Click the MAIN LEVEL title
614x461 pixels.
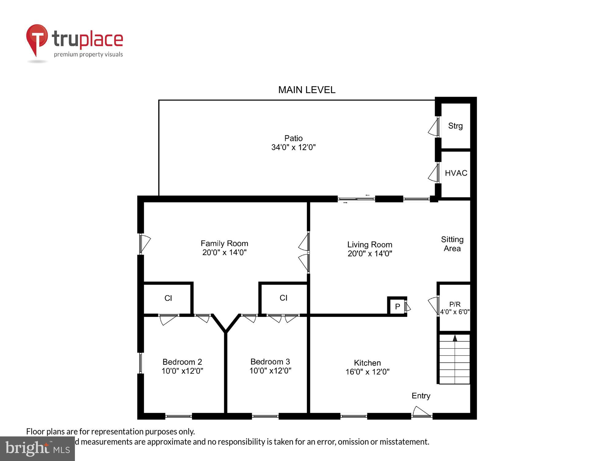[306, 90]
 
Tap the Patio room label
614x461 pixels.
[293, 138]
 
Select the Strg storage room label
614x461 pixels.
[455, 126]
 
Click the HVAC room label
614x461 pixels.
[456, 173]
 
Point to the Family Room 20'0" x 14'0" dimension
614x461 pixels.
[224, 253]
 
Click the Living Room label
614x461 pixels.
[370, 245]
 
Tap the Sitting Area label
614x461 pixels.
[452, 244]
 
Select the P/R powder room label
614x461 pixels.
[455, 304]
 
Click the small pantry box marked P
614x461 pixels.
[397, 306]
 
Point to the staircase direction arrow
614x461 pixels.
[455, 338]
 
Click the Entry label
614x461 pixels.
[421, 396]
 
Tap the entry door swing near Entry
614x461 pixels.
[421, 412]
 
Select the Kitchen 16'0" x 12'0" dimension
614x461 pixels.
[367, 372]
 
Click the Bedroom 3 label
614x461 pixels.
[270, 362]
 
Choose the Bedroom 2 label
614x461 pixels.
[182, 362]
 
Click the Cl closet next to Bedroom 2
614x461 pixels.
[168, 298]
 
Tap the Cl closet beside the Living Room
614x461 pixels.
[283, 298]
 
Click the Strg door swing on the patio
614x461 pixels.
[433, 128]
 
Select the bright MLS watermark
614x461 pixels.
[37, 449]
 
